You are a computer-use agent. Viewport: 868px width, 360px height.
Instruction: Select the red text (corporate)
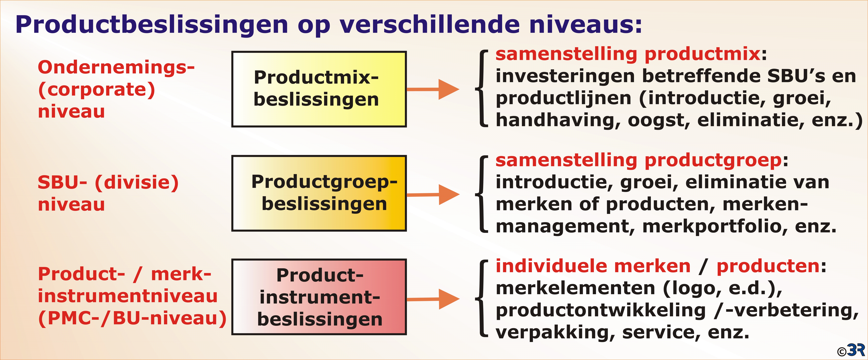97,90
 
